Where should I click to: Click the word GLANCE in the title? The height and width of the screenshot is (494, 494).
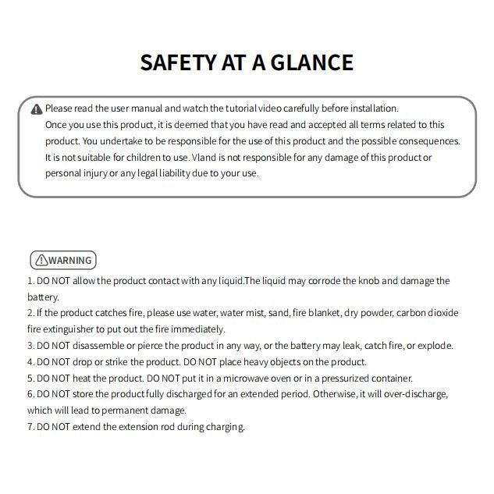312,62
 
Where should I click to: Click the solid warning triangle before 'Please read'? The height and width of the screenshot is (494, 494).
37,109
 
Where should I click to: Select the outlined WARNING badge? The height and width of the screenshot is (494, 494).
62,261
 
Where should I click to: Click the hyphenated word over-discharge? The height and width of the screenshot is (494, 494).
414,394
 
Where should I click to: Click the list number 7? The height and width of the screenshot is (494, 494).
30,427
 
